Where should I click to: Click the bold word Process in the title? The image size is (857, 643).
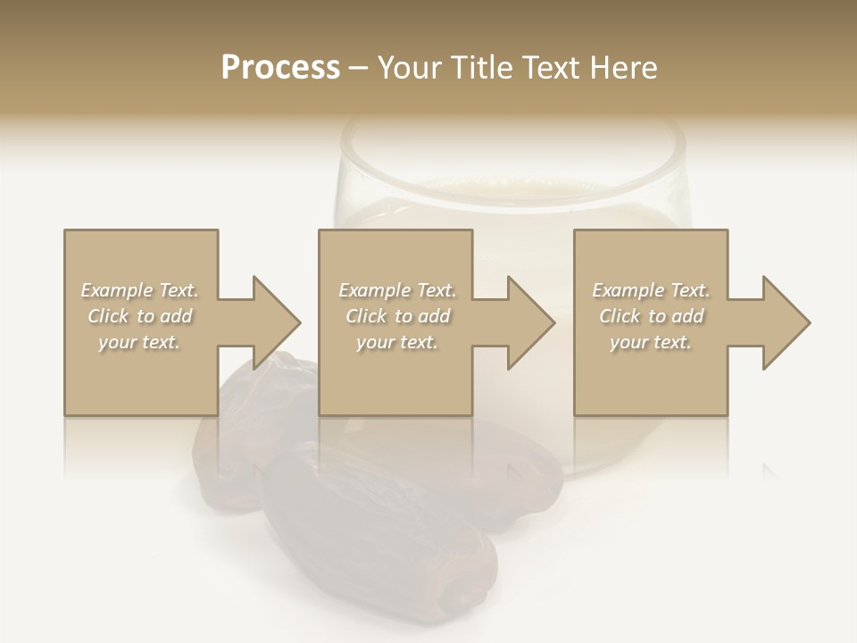pos(280,68)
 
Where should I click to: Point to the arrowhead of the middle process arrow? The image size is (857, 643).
pos(531,322)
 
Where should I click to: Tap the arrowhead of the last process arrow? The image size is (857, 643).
pos(786,322)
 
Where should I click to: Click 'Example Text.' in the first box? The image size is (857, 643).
pos(139,290)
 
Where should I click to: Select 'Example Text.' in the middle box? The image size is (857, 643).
pos(396,290)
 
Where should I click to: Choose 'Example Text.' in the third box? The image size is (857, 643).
pos(651,290)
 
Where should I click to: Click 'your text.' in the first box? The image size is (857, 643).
pos(139,342)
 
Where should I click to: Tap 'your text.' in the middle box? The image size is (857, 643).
pos(396,342)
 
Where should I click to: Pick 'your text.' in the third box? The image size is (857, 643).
pos(651,342)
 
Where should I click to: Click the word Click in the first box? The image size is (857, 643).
pos(109,316)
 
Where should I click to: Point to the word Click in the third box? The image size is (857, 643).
pos(620,316)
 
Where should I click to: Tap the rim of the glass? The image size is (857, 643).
pos(510,134)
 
